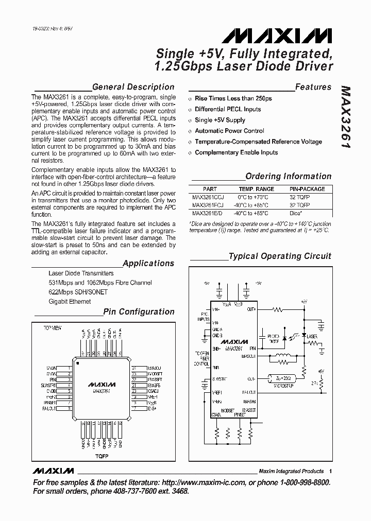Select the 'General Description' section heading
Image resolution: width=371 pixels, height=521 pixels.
tap(133, 87)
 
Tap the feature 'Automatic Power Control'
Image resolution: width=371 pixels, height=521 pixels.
tap(229, 131)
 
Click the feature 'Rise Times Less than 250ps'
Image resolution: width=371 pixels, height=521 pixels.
tap(233, 98)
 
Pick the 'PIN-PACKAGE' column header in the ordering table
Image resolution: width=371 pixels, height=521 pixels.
tap(307, 189)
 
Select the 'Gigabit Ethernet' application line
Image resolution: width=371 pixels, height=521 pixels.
tap(70, 302)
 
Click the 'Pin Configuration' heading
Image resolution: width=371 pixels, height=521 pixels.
tap(139, 311)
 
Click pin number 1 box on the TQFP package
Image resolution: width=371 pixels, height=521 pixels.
tap(69, 368)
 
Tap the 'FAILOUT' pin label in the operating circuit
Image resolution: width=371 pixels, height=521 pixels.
tap(249, 392)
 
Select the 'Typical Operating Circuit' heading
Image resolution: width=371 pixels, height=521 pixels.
tap(280, 256)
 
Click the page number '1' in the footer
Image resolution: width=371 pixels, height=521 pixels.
tap(330, 471)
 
